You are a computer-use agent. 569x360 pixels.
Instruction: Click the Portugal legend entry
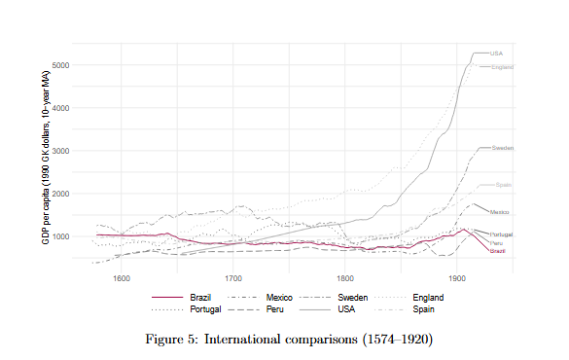204,308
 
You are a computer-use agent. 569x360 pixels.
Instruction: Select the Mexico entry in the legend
279,297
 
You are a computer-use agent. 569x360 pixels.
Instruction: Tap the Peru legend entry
275,308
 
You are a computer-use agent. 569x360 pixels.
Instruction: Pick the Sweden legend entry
353,297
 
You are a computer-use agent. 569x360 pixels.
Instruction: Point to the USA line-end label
496,53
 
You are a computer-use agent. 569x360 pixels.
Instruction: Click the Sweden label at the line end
502,148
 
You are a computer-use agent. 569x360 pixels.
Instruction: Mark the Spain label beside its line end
503,185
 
